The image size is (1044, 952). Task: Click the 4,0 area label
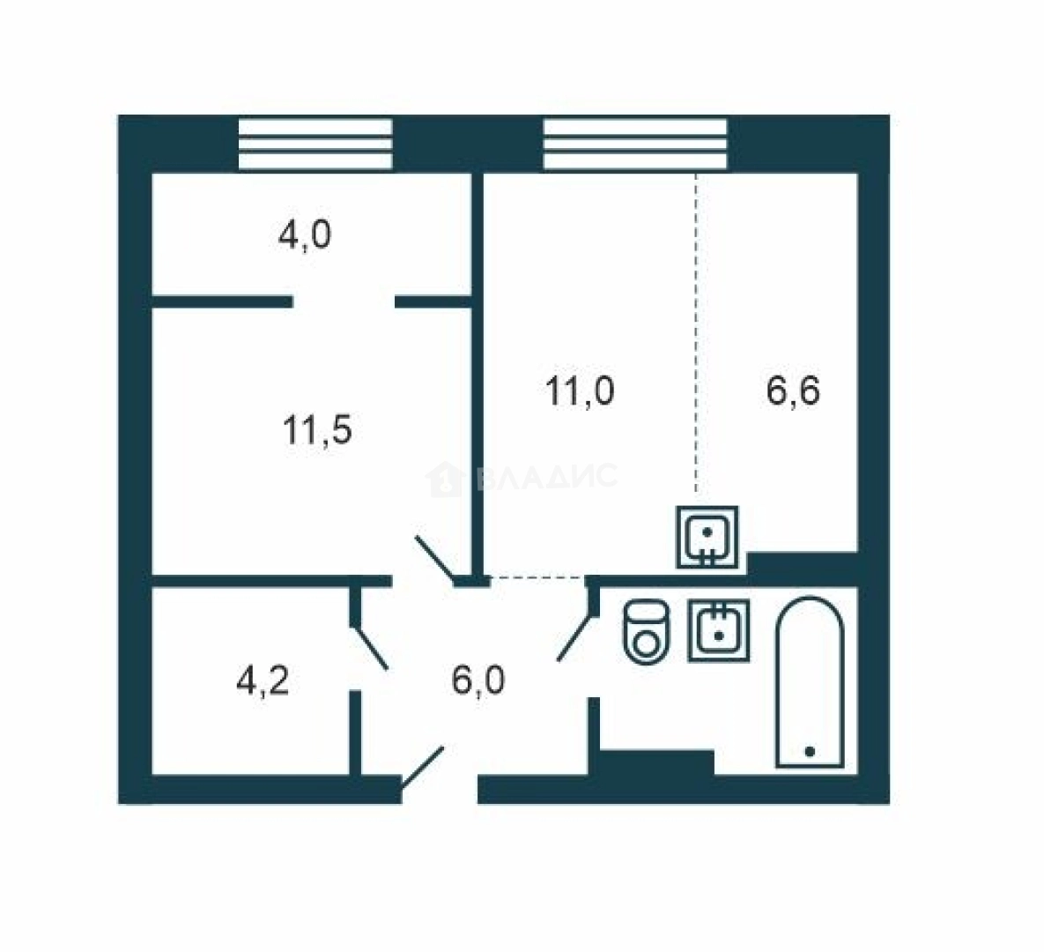pyautogui.click(x=304, y=236)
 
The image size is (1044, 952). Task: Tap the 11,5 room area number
pyautogui.click(x=317, y=429)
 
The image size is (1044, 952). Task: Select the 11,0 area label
pyautogui.click(x=579, y=391)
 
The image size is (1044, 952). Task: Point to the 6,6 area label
pyautogui.click(x=792, y=390)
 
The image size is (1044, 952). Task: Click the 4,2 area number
pyautogui.click(x=263, y=681)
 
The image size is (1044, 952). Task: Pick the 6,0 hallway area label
pyautogui.click(x=478, y=681)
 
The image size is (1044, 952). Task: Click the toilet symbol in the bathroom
pyautogui.click(x=646, y=632)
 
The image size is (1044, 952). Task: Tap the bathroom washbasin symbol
pyautogui.click(x=718, y=630)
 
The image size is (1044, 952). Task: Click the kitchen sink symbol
pyautogui.click(x=707, y=537)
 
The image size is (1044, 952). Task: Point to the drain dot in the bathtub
pyautogui.click(x=810, y=752)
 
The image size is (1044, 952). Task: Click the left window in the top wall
pyautogui.click(x=315, y=144)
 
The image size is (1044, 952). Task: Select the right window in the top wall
pyautogui.click(x=635, y=144)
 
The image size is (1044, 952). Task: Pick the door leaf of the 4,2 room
pyautogui.click(x=369, y=646)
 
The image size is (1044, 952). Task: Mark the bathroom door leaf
pyautogui.click(x=574, y=638)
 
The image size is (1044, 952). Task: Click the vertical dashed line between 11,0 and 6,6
pyautogui.click(x=697, y=332)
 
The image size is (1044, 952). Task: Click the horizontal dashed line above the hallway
pyautogui.click(x=538, y=576)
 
